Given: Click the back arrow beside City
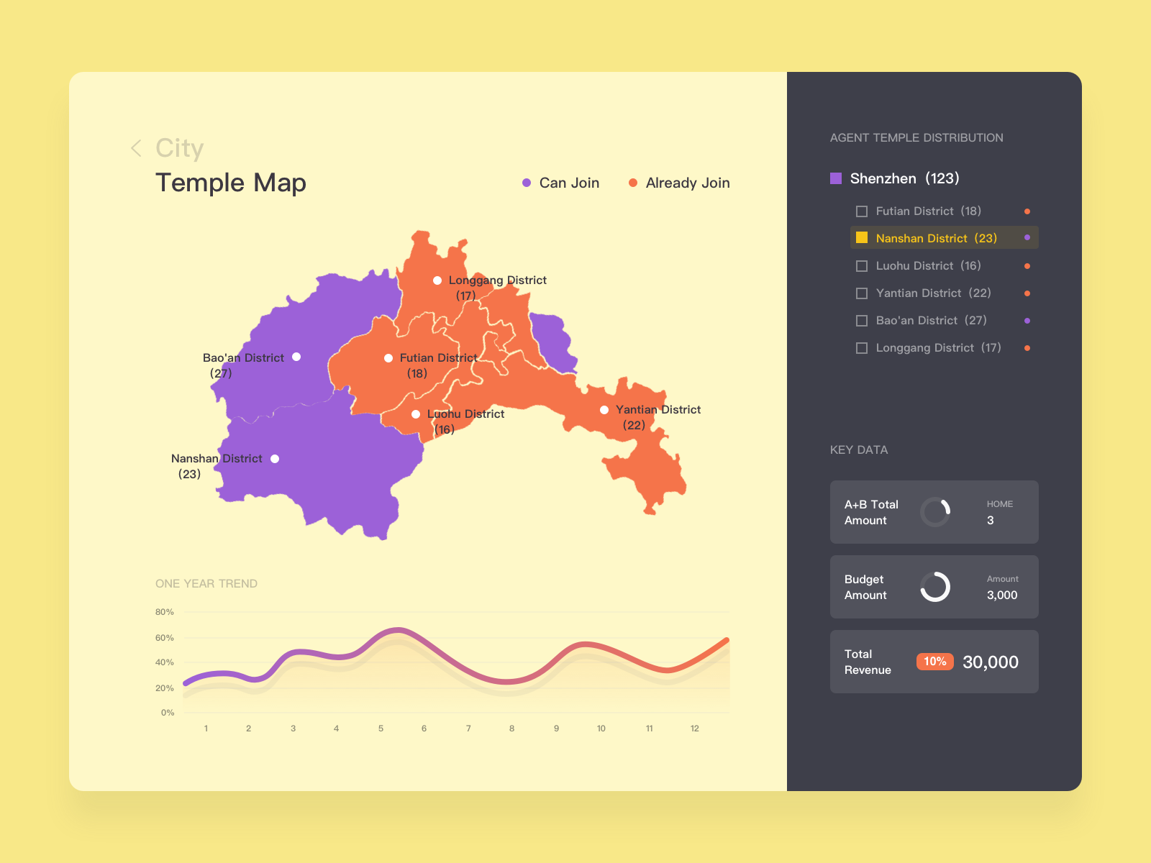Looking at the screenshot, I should click(x=136, y=148).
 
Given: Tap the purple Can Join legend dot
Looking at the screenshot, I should click(x=527, y=183).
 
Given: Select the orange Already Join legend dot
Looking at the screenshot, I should click(x=633, y=183).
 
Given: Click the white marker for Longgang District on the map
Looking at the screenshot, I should click(x=437, y=280).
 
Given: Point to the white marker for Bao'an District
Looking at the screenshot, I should click(x=296, y=357).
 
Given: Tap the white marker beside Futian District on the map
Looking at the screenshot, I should click(x=388, y=358).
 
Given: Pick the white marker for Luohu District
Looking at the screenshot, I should click(x=416, y=414).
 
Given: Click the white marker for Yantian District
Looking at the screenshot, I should click(x=604, y=410).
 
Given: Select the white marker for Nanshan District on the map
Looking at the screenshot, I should click(x=275, y=459).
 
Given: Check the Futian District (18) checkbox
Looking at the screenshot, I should click(x=862, y=211).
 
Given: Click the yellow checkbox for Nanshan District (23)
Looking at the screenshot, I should click(x=862, y=238).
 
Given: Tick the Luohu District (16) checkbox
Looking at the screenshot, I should click(x=862, y=266).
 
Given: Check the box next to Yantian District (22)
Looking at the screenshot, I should click(x=862, y=293).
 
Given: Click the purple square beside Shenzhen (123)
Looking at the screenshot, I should click(x=836, y=178).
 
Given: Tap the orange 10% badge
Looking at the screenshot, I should click(x=934, y=662).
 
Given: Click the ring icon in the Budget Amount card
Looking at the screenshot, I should click(x=935, y=587).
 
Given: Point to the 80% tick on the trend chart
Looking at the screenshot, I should click(x=165, y=612).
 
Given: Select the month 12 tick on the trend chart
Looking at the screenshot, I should click(x=695, y=729).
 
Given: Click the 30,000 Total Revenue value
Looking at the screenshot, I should click(x=991, y=662).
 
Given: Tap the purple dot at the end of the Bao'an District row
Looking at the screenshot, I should click(x=1027, y=321).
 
